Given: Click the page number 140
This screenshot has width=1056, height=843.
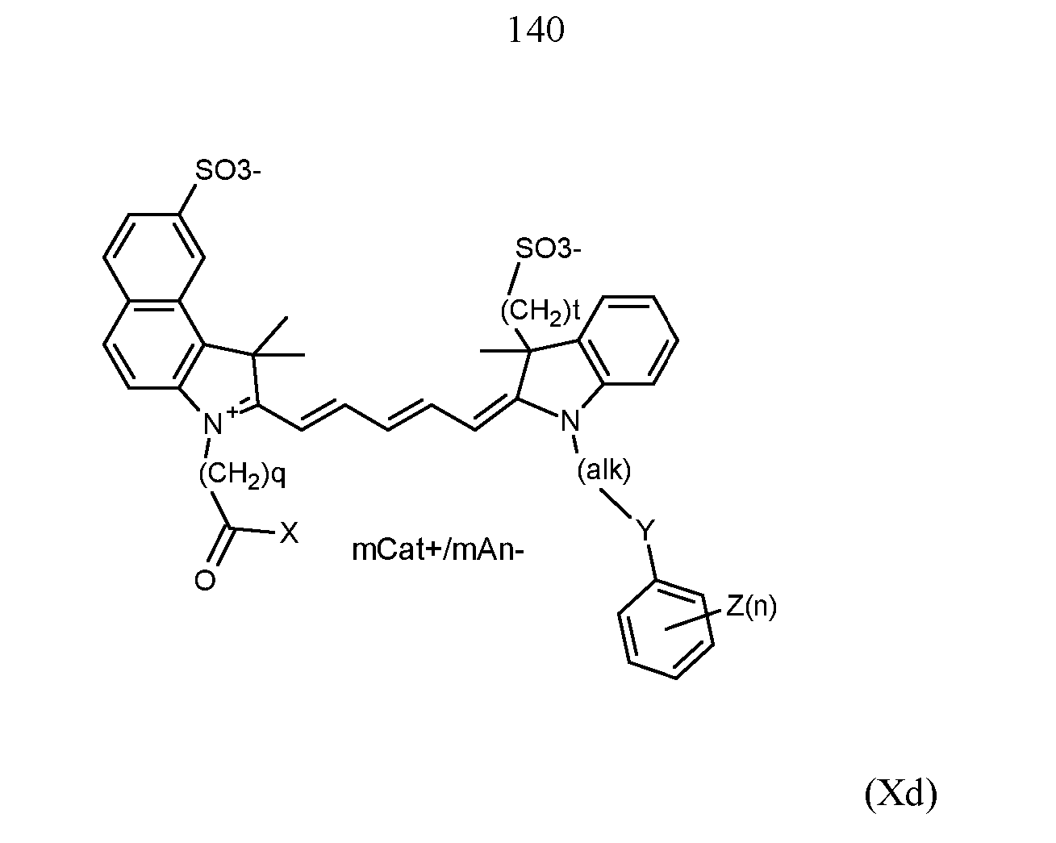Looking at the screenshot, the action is point(536,29).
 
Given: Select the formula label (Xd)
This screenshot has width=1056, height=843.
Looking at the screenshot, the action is point(901,794).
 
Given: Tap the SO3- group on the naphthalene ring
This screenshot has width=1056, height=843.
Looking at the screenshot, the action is point(227,169).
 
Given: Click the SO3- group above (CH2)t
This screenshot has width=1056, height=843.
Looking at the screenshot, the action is point(548,248).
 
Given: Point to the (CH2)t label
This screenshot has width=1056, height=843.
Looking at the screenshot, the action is point(540,312).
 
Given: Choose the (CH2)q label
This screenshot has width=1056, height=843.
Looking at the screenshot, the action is point(242,475).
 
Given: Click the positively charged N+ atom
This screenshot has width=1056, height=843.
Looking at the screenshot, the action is point(219,421).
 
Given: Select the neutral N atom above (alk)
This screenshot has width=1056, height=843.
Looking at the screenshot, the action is point(570,421).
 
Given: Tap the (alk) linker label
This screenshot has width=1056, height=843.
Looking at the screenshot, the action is point(603,470).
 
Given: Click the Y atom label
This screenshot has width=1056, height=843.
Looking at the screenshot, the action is point(645,530).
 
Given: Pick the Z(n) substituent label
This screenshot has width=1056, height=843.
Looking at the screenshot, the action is point(751,607).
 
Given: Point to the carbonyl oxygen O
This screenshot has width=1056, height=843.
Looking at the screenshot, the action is point(205,581).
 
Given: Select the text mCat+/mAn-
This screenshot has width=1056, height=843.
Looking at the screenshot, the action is point(438,550).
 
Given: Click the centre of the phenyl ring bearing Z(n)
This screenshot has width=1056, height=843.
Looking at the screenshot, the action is point(666,630).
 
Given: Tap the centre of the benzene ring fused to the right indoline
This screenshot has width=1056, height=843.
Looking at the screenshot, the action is point(628,340).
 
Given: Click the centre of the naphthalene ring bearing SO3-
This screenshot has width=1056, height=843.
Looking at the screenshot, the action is point(154,257).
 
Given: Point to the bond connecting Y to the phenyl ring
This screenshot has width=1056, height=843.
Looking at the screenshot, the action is point(651,562).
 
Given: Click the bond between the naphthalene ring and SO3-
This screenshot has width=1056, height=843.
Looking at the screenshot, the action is point(187,199).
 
